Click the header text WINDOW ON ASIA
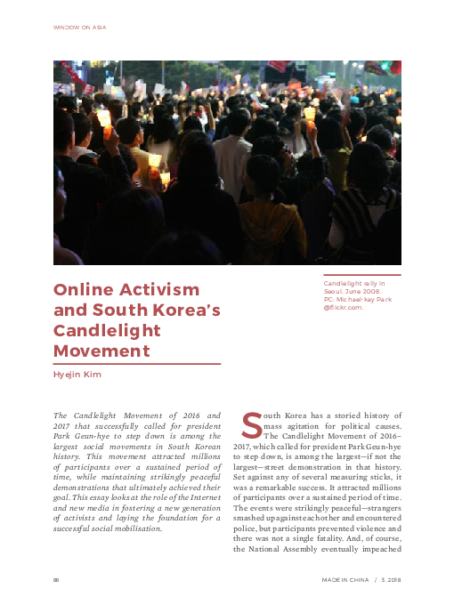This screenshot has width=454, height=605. click(80, 28)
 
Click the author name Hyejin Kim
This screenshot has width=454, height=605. click(77, 375)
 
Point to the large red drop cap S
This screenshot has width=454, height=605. click(252, 426)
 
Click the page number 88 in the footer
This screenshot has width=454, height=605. click(57, 579)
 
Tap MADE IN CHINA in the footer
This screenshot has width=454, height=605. click(345, 579)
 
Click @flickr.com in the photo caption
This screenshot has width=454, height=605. click(343, 307)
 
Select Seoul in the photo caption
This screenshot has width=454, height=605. click(335, 291)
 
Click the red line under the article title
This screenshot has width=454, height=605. click(137, 363)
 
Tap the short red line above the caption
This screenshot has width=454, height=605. click(361, 275)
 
